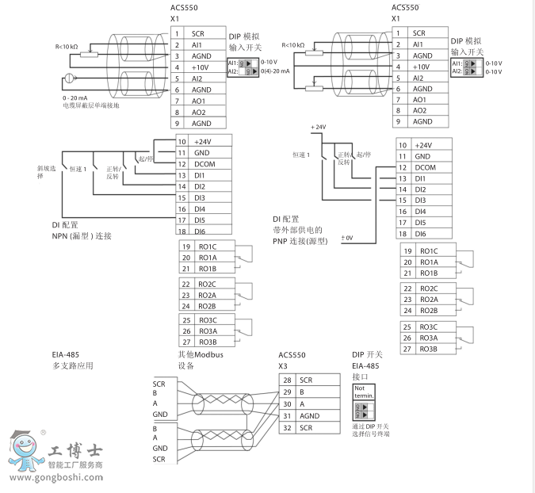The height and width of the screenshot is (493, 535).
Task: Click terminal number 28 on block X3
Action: (x=288, y=380)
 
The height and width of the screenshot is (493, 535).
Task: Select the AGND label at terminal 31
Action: (x=309, y=415)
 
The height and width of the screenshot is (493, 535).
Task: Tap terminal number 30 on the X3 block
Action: (x=288, y=403)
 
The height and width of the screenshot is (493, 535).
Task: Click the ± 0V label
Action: (x=347, y=238)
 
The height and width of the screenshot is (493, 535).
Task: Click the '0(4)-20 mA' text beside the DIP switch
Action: (x=276, y=71)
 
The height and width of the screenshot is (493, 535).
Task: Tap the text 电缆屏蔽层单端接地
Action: (x=92, y=105)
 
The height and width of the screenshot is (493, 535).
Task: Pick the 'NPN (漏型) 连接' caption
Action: (x=78, y=236)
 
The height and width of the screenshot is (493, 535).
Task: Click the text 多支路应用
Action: (x=73, y=367)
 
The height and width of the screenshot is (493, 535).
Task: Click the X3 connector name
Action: (x=283, y=366)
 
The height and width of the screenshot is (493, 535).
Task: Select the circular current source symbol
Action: (x=69, y=78)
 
